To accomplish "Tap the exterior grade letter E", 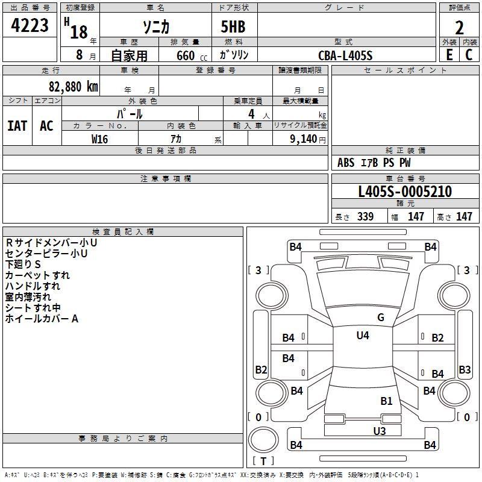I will coord(449,54).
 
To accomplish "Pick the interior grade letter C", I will coord(469,54).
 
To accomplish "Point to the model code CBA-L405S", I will coord(345,55).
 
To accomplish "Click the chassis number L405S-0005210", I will coord(404,192).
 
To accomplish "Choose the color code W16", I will coord(99,139).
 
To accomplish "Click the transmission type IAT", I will coord(17,125).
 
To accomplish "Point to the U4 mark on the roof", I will coord(363,335).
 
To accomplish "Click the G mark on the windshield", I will coord(381,318).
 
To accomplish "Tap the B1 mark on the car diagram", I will coord(386,400).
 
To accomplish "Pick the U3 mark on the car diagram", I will coord(380,430).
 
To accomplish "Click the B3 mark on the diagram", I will coord(465,369).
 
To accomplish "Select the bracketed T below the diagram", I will coord(263,461).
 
